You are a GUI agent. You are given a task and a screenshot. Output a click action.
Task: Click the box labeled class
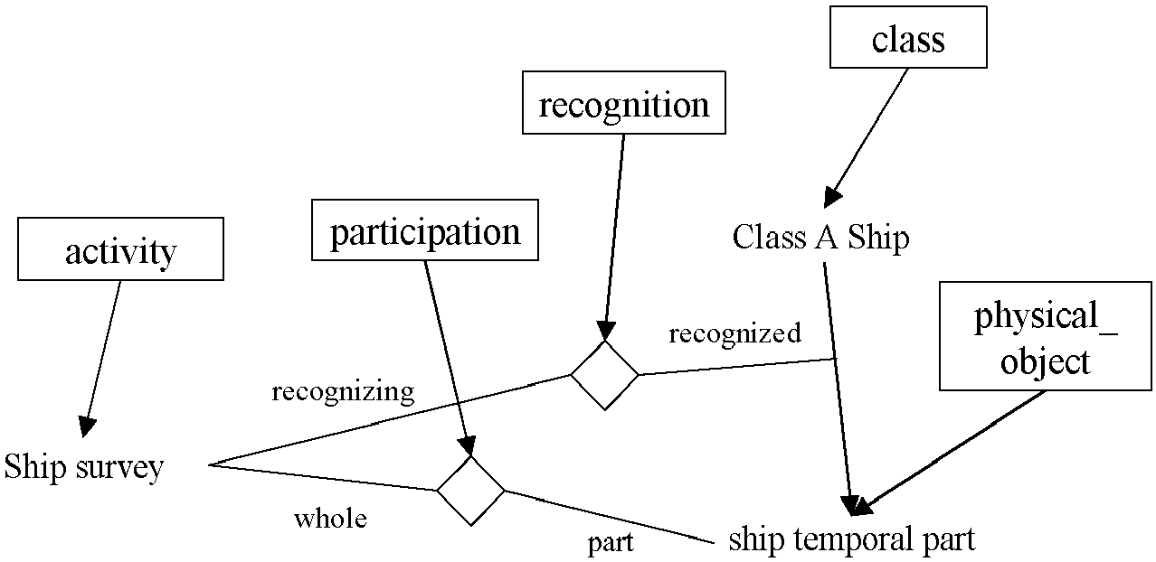pos(908,37)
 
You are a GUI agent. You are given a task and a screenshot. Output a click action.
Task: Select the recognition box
pos(623,103)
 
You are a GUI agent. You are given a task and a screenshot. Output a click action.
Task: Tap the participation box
pos(425,230)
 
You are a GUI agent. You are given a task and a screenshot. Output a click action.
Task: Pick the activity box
pos(121,249)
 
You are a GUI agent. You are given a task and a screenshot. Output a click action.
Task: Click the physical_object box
pos(1045,336)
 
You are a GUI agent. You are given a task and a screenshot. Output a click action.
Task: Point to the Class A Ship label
pos(820,238)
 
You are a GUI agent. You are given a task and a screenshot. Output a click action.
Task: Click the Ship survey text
pos(83,468)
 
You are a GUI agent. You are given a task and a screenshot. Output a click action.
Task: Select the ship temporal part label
pos(852,539)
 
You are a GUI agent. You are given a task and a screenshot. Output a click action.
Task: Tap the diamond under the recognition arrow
pos(604,375)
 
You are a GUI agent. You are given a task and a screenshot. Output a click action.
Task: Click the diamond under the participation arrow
pos(470,491)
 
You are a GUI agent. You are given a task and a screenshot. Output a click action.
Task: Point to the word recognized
pos(734,333)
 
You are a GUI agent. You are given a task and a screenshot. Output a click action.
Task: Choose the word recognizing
pos(343,393)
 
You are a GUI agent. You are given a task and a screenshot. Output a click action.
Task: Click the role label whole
pos(330,518)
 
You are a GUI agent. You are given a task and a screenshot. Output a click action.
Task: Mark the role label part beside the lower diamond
pos(611,543)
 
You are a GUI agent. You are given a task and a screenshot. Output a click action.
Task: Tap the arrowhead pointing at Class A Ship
pos(832,197)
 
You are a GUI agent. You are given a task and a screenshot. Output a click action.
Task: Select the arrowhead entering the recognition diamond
pos(606,331)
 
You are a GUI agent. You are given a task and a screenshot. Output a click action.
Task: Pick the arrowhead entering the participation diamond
pos(468,446)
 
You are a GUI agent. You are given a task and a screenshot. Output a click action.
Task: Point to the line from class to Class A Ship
pos(866,138)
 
